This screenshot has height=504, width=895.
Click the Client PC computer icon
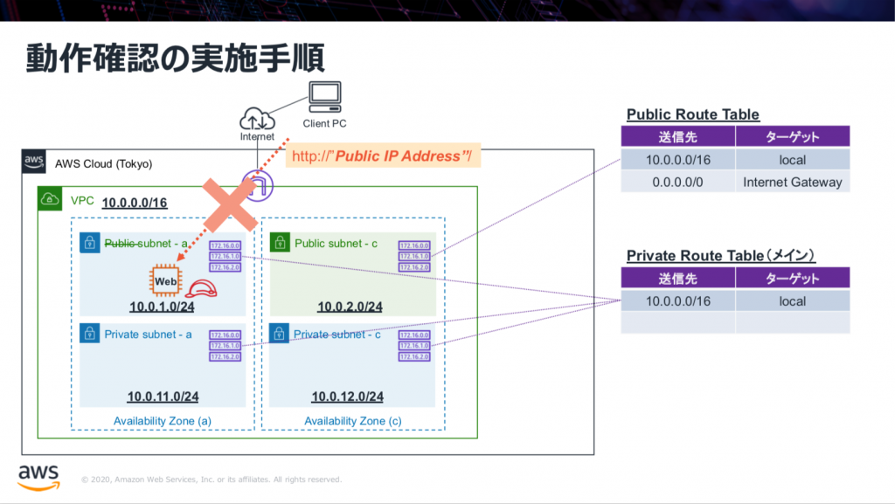click(x=324, y=96)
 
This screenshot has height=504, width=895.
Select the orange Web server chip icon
click(x=164, y=280)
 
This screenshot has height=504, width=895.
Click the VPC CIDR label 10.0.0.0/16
click(x=135, y=204)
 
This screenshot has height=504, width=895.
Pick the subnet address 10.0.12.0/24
click(x=348, y=397)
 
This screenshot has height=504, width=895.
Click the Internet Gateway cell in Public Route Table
click(x=792, y=183)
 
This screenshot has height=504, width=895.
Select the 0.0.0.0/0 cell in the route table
click(x=678, y=183)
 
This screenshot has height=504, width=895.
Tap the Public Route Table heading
click(x=692, y=115)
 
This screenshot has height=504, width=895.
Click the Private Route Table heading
click(x=721, y=255)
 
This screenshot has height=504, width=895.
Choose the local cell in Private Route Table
click(x=792, y=301)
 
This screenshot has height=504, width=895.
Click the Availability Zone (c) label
click(x=353, y=421)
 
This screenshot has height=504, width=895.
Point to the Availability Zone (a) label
click(x=163, y=421)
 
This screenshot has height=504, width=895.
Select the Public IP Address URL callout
click(x=384, y=156)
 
